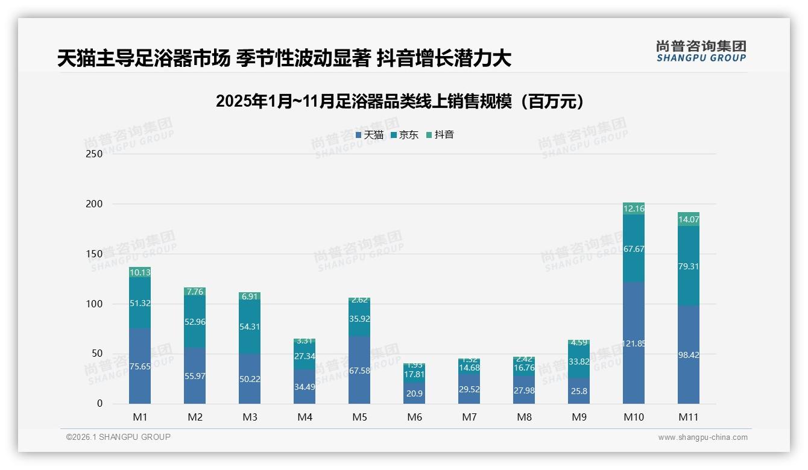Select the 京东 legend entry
click(405, 135)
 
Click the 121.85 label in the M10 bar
click(634, 343)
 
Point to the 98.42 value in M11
click(688, 355)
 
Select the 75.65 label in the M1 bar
click(140, 366)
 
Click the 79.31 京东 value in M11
click(688, 266)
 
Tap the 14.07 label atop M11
click(688, 220)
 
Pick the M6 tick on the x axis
click(414, 417)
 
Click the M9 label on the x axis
click(579, 417)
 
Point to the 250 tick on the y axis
click(95, 154)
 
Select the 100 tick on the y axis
click(95, 304)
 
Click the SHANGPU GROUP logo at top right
click(701, 51)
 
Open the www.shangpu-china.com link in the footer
click(702, 437)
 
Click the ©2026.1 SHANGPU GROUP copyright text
click(118, 437)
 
